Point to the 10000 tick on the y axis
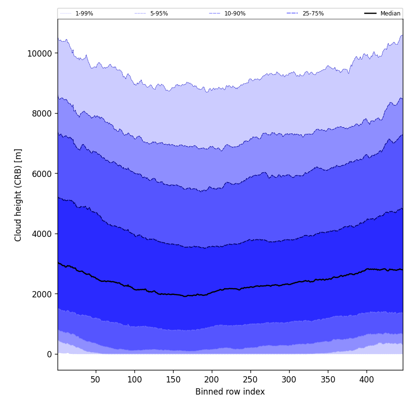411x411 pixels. pyautogui.click(x=40, y=53)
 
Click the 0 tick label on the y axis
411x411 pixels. pyautogui.click(x=49, y=354)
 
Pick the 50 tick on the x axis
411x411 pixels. pyautogui.click(x=96, y=380)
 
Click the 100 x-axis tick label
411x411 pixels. pyautogui.click(x=134, y=380)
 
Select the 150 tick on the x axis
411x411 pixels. pyautogui.click(x=173, y=380)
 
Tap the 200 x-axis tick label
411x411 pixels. pyautogui.click(x=212, y=380)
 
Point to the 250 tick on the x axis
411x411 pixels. pyautogui.click(x=250, y=380)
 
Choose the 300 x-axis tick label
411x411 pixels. pyautogui.click(x=289, y=380)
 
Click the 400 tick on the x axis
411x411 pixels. pyautogui.click(x=367, y=380)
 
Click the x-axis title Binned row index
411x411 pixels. pyautogui.click(x=230, y=392)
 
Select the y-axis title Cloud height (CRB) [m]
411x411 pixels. pyautogui.click(x=18, y=195)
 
